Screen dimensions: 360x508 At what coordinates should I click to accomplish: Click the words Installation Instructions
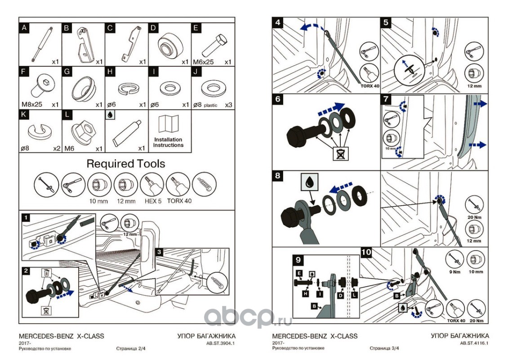click(168, 142)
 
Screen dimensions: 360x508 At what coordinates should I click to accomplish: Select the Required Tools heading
click(126, 163)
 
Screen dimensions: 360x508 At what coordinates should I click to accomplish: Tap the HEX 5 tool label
click(151, 201)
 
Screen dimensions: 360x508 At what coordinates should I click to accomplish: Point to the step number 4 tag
click(279, 22)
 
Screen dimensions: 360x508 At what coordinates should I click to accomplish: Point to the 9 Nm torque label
click(453, 271)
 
